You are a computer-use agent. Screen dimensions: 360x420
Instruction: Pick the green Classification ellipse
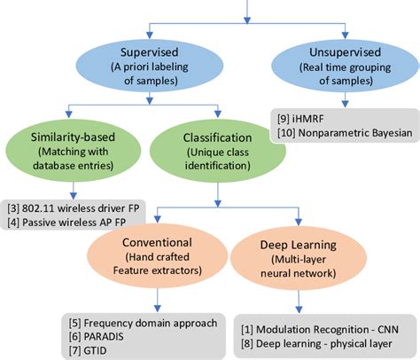(x=206, y=152)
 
